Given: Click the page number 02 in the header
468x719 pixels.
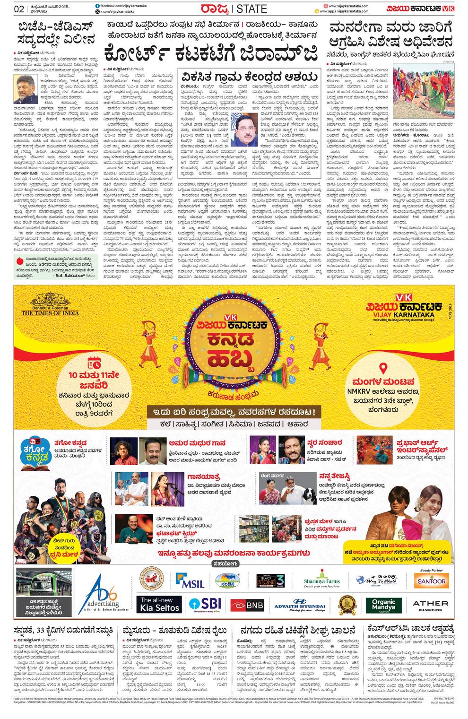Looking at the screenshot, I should coord(19,9).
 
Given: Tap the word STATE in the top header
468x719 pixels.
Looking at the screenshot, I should coord(251,9).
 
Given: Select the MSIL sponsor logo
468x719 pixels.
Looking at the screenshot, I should coord(190,580).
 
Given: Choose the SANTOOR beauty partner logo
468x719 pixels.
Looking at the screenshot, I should coord(431,580).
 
